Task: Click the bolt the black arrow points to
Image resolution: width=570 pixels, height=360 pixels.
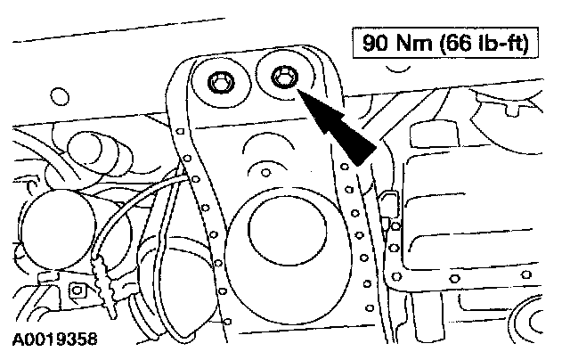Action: [x=283, y=79]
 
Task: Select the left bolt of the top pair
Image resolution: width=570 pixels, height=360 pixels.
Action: [x=219, y=85]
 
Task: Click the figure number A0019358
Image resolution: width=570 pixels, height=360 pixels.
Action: [x=55, y=340]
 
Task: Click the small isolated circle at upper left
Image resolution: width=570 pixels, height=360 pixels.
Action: [x=61, y=94]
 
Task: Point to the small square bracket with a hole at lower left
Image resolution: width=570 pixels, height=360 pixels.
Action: [x=75, y=290]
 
